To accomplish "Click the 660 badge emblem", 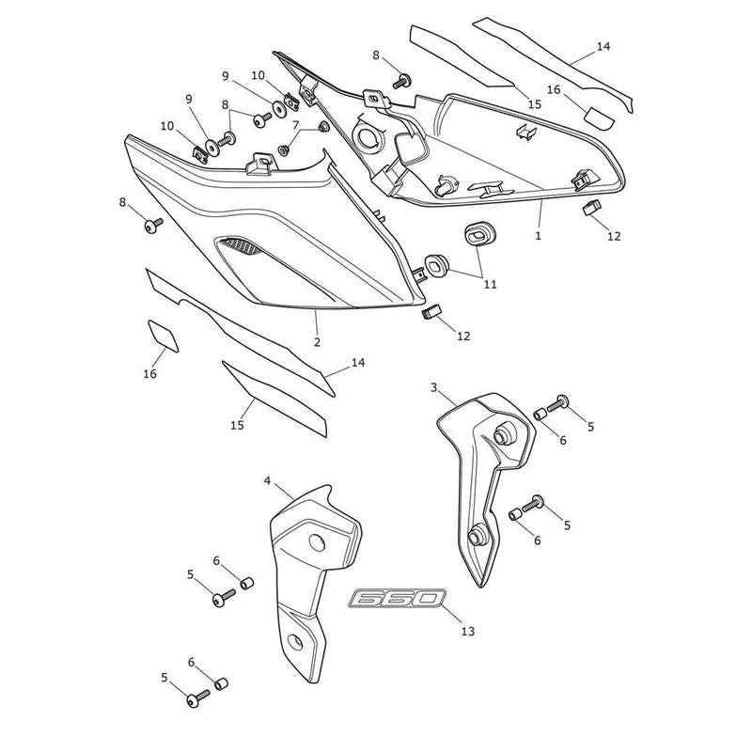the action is tap(397, 599).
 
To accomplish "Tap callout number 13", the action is tap(467, 631).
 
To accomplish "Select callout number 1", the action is tap(538, 236).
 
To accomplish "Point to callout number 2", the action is tap(317, 342).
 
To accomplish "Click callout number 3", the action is tap(434, 387).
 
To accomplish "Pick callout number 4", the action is tap(268, 480).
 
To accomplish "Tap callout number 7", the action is tap(295, 125).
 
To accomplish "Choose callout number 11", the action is tap(490, 285).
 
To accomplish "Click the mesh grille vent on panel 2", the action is tap(242, 245).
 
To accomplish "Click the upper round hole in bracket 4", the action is tap(317, 543).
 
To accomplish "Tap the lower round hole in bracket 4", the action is tap(294, 641).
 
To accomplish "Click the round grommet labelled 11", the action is tap(436, 265).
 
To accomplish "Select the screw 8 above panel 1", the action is tap(402, 81).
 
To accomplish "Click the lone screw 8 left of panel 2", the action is tap(153, 226).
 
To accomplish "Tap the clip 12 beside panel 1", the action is tap(592, 208).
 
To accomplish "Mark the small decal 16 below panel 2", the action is tap(163, 336).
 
